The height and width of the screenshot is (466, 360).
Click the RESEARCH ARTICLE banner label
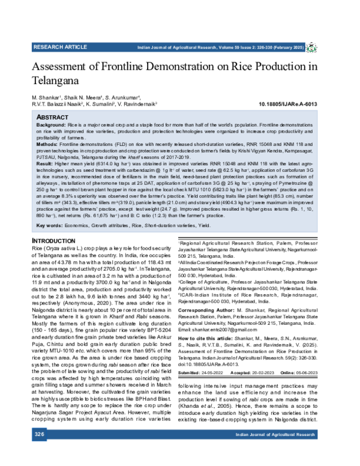click(61, 46)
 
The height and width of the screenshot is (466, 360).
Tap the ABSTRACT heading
click(52, 116)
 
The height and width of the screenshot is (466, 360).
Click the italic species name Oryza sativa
click(60, 249)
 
